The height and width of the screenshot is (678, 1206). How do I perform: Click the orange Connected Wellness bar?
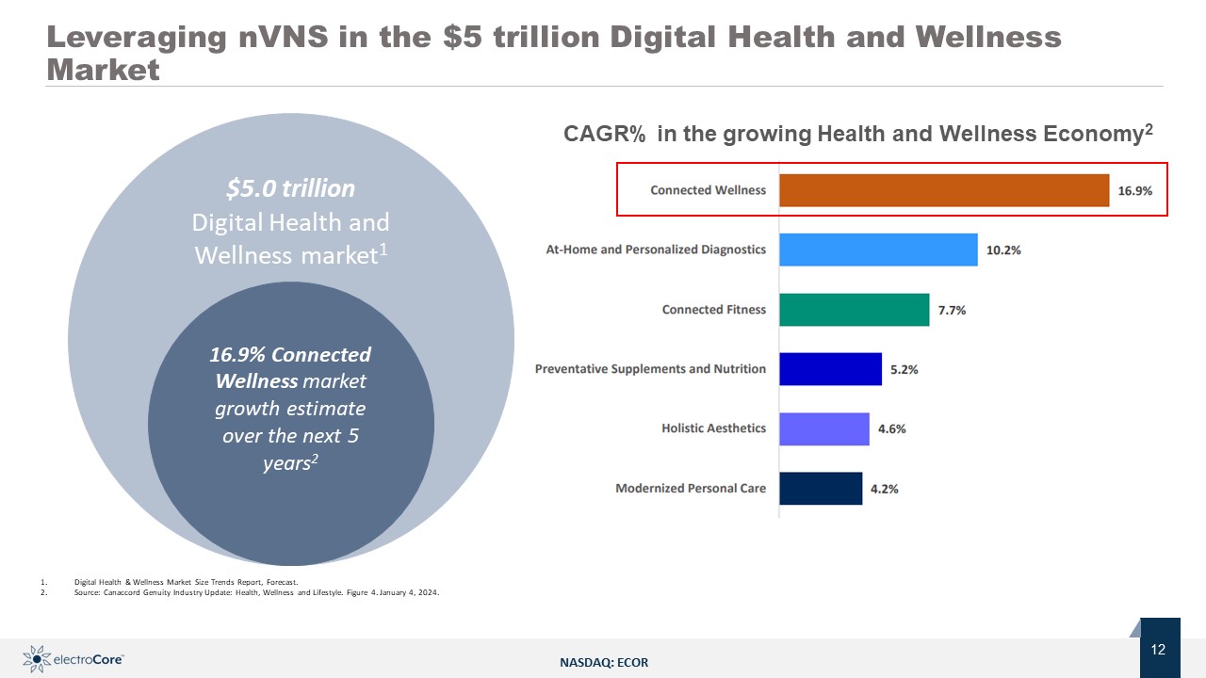coord(943,190)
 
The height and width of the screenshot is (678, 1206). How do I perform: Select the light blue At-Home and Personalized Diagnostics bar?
coord(878,250)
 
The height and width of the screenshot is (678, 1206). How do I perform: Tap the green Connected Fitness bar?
coord(854,309)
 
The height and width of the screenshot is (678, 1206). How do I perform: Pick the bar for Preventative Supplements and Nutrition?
coord(830,369)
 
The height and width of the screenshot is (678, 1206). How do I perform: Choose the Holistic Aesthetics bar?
coord(823,428)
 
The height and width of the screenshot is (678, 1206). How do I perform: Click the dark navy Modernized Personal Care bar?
coord(820,488)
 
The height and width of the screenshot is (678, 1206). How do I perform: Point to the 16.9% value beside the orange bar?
coord(1135,190)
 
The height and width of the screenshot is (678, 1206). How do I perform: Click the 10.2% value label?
coord(1003,250)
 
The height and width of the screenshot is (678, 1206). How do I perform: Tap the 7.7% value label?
coord(952,310)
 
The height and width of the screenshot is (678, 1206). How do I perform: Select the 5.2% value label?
coord(904,369)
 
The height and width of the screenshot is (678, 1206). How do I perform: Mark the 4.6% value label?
coord(891,428)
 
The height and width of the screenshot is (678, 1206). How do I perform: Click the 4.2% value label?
coord(884,489)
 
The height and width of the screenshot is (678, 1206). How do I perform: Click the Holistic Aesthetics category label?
coord(713,428)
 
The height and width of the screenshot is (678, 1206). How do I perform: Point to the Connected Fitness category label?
coord(713,309)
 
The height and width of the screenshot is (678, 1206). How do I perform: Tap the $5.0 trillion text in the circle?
coord(290,189)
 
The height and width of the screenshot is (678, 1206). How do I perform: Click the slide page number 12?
coord(1159,650)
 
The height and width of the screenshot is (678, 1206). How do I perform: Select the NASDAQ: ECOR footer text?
coord(604,663)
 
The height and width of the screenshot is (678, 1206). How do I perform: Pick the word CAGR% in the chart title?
coord(604,135)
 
